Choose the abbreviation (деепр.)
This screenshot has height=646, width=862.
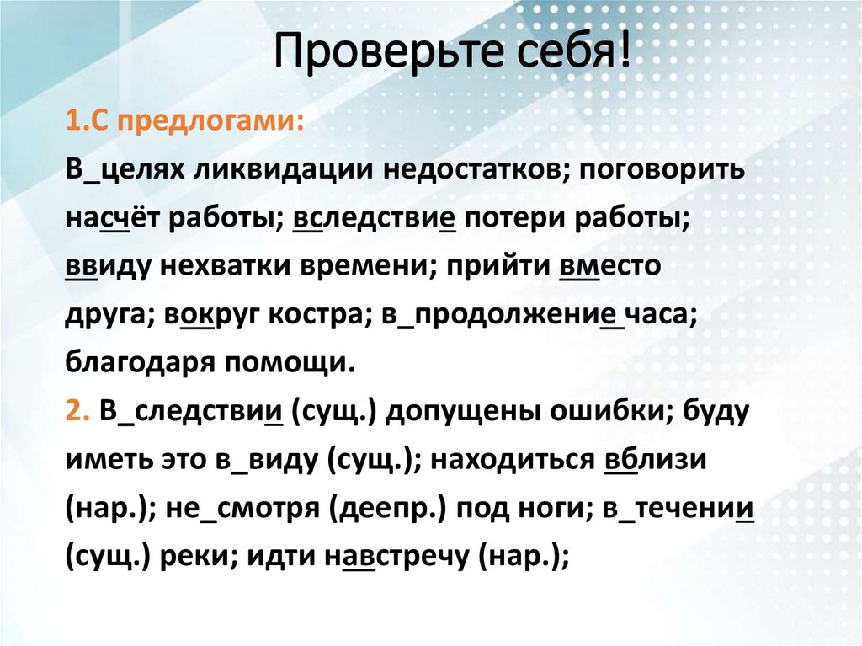click(x=383, y=510)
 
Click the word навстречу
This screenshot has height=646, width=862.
click(x=397, y=558)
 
